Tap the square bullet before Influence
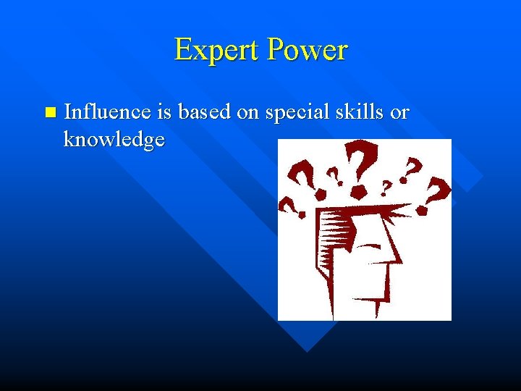48,112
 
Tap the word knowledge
114,138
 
